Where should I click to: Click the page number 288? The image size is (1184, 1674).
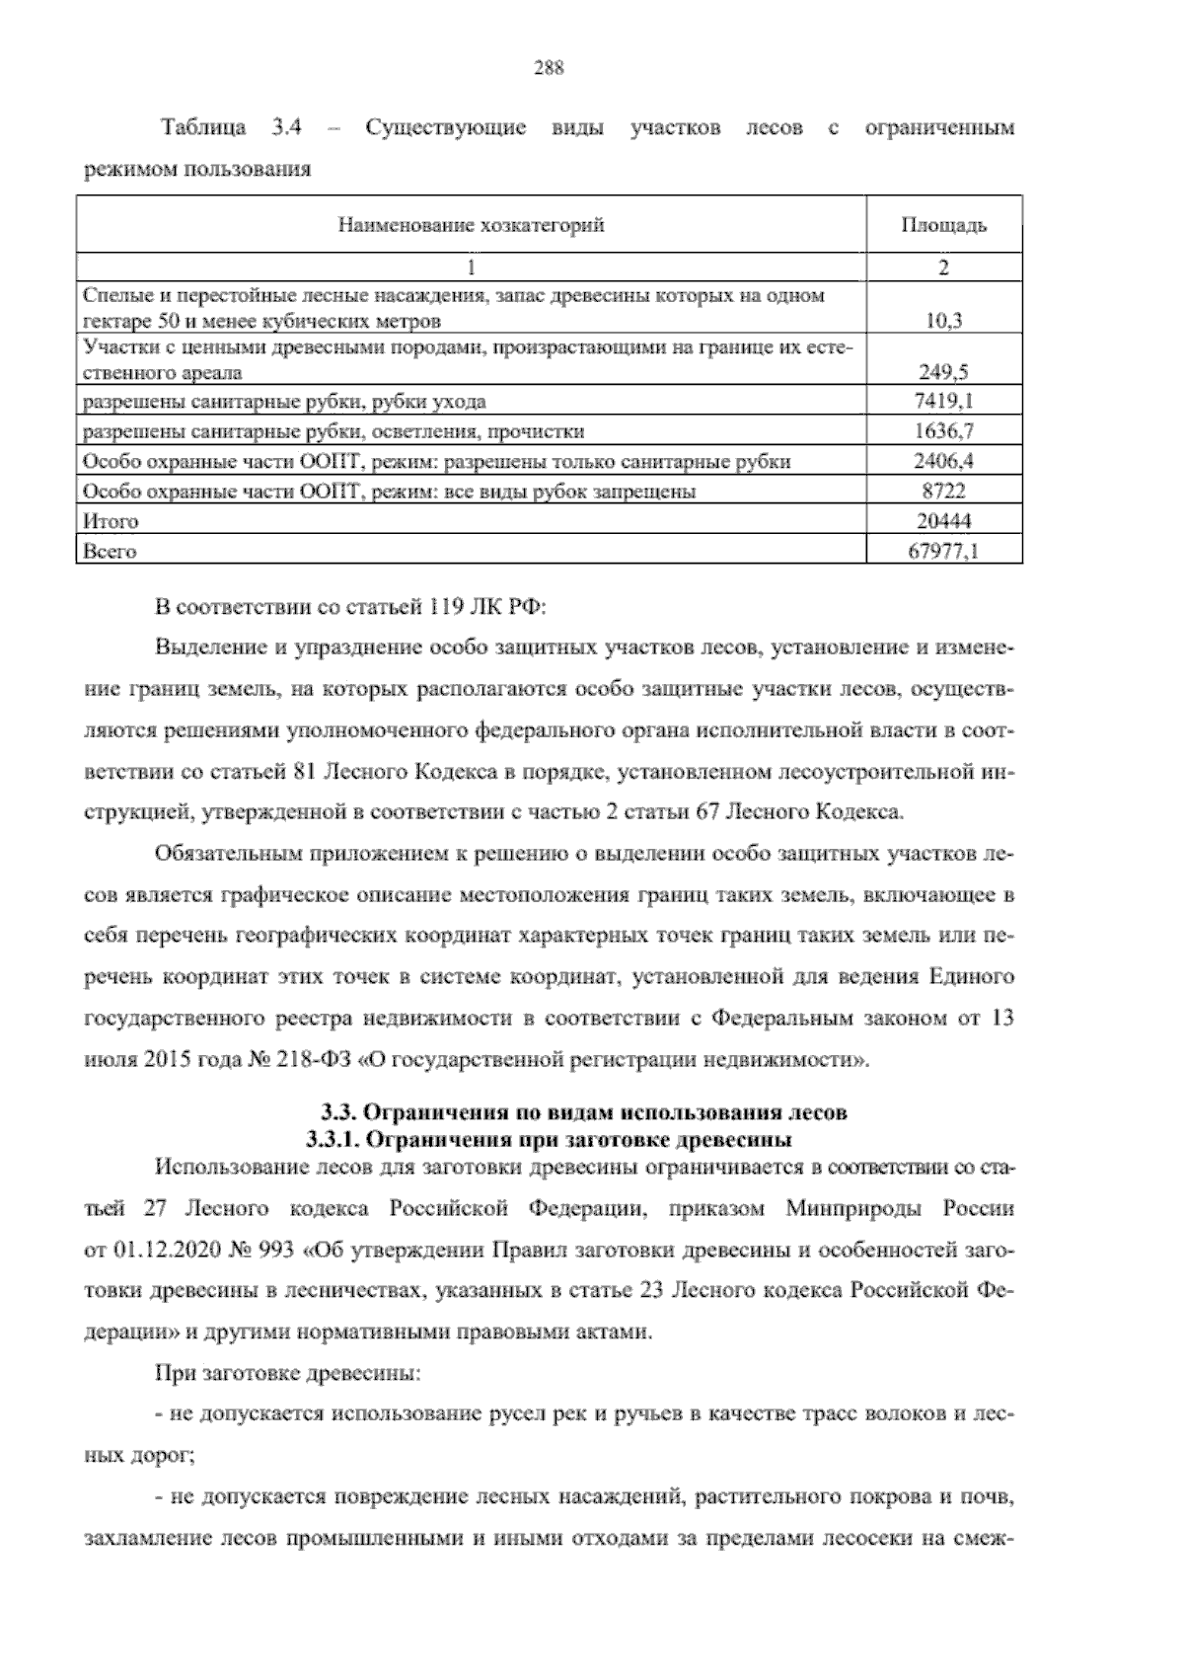click(548, 68)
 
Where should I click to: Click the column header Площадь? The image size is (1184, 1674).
click(943, 226)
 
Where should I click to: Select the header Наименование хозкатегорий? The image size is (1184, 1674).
click(472, 226)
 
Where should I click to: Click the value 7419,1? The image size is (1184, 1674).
click(944, 402)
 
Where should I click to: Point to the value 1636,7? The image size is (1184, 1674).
click(944, 431)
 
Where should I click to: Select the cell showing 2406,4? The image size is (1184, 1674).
click(944, 461)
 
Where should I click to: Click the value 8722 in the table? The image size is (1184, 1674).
click(944, 491)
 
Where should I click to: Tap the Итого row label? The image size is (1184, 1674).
click(111, 521)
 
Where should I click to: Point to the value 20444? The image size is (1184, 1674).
click(944, 521)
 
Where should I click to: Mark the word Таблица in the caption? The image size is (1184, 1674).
click(202, 128)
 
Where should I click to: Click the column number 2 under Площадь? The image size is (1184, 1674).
click(944, 267)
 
